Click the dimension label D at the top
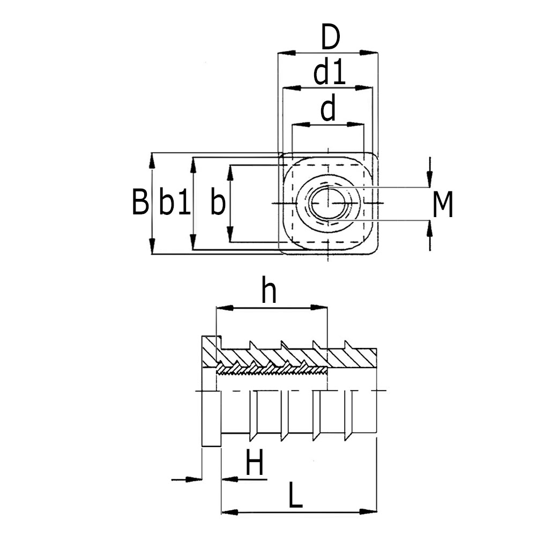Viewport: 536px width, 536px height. pos(330,38)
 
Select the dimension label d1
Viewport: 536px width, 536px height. pos(330,73)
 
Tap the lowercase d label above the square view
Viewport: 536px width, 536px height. pos(327,110)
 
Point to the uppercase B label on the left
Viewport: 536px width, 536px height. pos(140,203)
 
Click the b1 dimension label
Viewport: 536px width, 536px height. pos(174,203)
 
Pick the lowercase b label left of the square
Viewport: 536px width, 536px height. pos(217,203)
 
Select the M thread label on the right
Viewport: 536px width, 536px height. pos(443,204)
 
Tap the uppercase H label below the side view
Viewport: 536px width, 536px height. pos(255,464)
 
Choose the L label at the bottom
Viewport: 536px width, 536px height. pos(295,496)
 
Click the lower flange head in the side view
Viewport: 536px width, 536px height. pos(211,418)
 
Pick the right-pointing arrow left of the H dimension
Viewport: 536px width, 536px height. pos(192,479)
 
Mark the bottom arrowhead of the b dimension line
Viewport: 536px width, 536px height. pos(230,235)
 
